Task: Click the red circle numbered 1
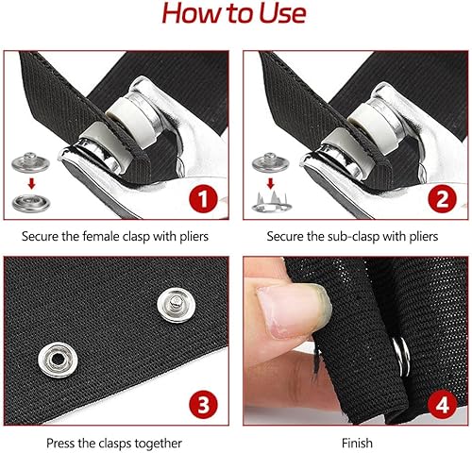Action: click(203, 199)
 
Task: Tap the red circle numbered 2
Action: click(443, 199)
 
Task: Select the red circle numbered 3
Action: click(203, 404)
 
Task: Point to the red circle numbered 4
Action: click(443, 404)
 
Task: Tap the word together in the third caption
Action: click(158, 444)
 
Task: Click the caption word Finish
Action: click(357, 443)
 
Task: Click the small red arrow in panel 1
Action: click(31, 183)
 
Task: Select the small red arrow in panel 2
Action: click(270, 183)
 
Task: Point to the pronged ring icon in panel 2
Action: click(271, 203)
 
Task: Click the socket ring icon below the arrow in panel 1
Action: click(31, 203)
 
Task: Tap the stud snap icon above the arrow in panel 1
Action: click(30, 162)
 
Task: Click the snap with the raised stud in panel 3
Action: click(177, 306)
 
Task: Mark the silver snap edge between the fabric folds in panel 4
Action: click(401, 356)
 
